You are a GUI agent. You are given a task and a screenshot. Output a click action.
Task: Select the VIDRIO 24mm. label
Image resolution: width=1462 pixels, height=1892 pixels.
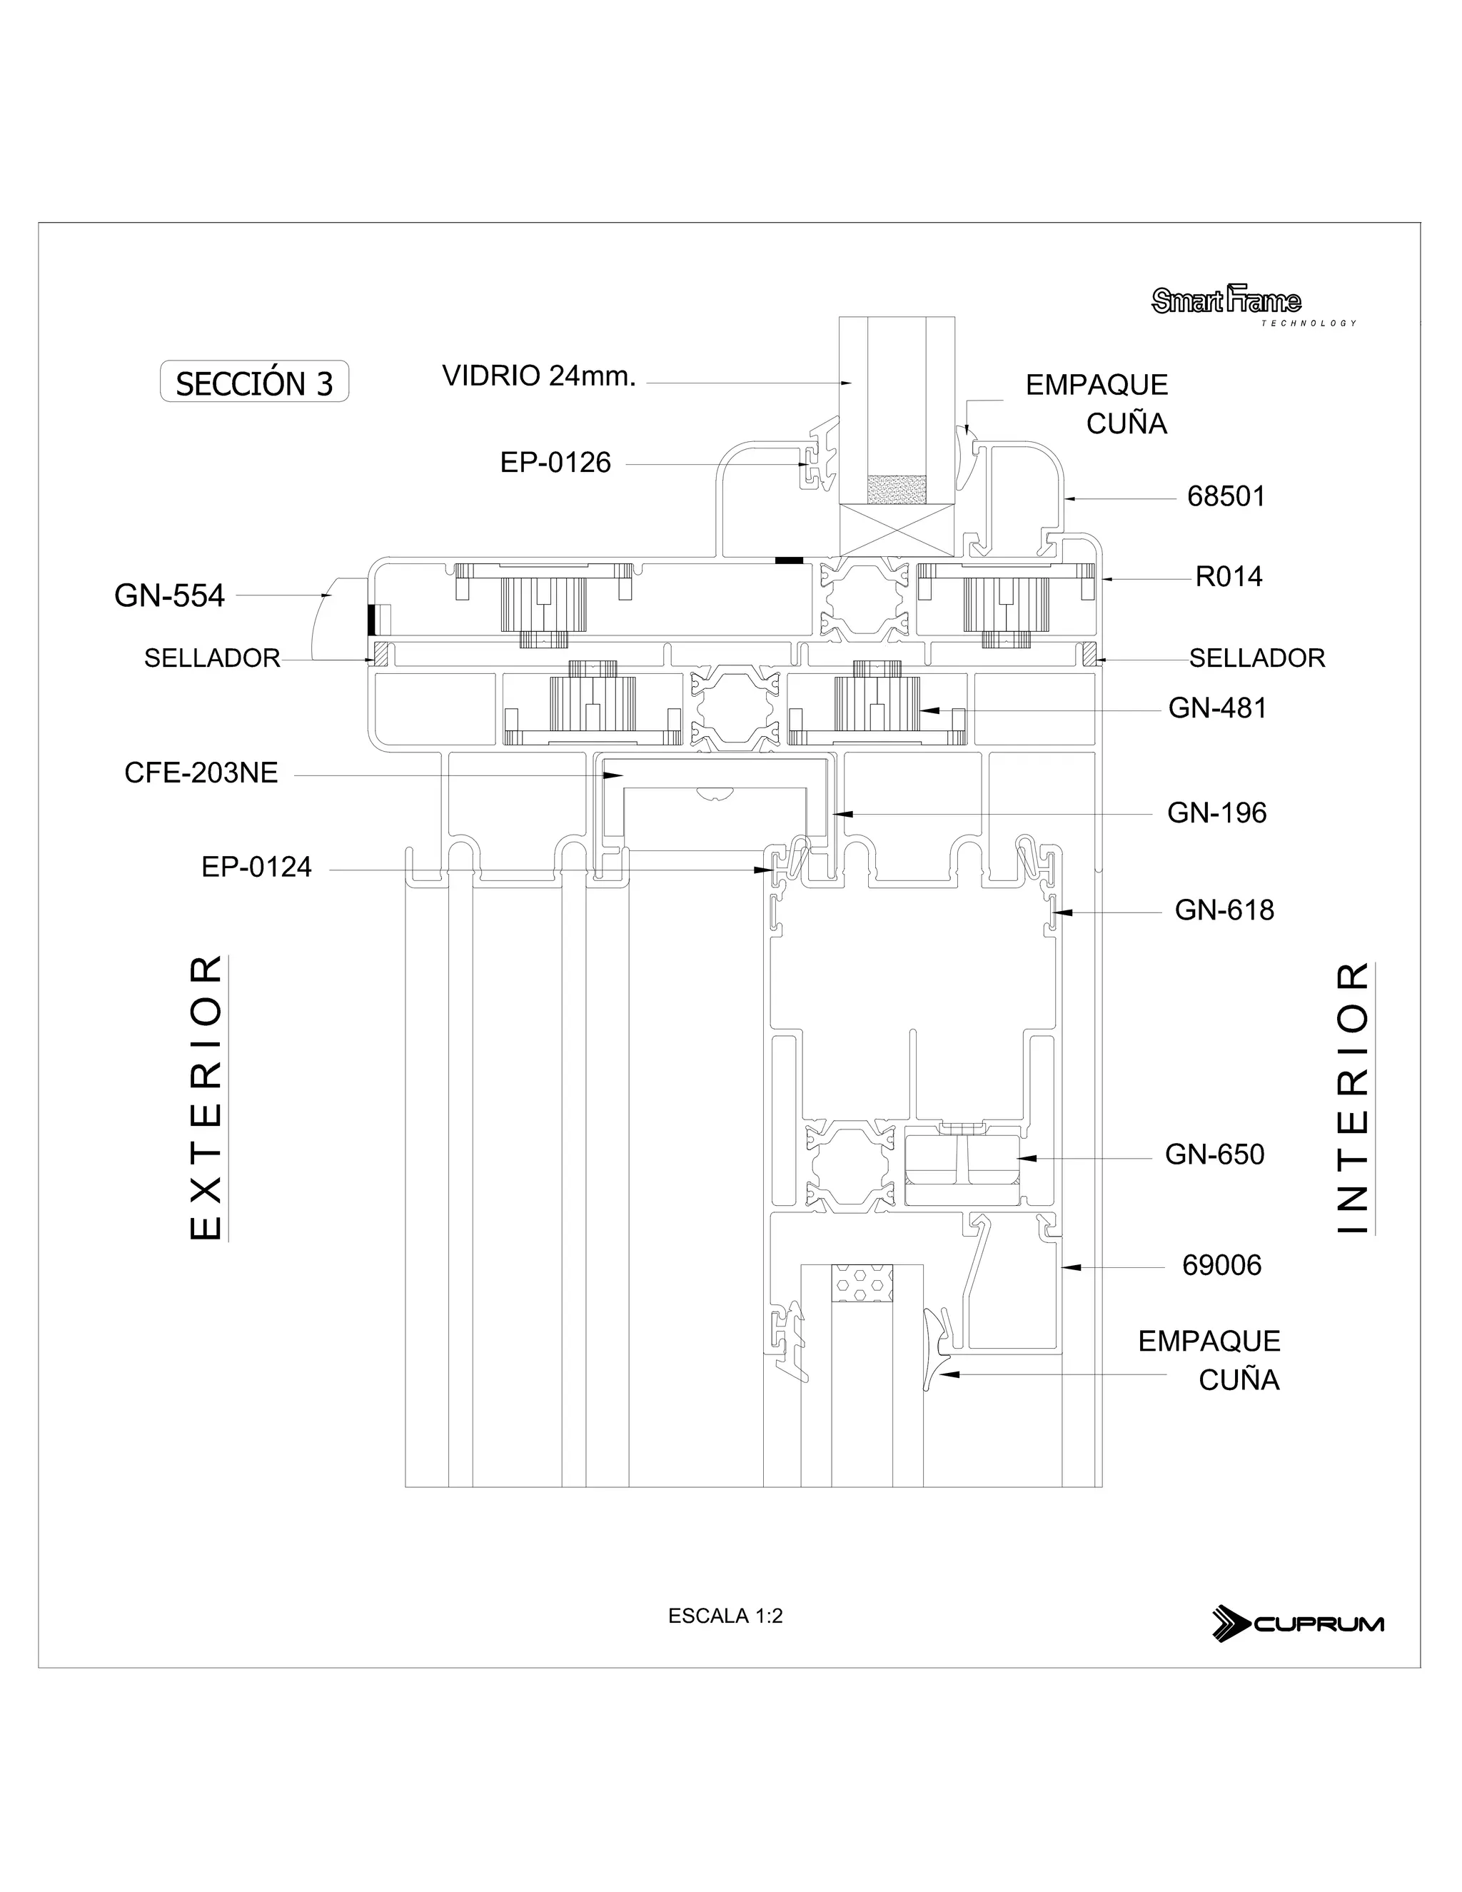539,376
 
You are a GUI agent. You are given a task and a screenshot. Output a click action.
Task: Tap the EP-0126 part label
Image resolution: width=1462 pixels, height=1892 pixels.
555,463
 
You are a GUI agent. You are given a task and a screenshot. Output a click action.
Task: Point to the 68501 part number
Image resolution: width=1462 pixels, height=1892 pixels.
1226,496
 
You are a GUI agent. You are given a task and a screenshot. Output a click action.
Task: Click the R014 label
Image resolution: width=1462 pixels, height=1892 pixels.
1228,576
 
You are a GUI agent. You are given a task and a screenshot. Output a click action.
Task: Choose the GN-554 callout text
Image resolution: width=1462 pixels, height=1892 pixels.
169,596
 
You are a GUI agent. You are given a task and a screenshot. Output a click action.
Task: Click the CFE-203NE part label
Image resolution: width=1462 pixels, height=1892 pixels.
201,773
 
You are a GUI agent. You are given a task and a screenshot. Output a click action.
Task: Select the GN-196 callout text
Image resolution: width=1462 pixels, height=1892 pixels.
1216,812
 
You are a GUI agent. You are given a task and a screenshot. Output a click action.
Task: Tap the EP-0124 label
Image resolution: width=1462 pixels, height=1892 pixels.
256,867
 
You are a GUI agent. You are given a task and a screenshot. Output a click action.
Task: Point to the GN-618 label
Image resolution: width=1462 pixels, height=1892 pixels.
1224,910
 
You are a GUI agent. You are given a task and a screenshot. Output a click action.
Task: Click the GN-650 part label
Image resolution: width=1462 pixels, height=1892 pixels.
1214,1154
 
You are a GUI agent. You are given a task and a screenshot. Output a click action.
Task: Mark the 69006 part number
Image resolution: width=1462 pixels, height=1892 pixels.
1221,1266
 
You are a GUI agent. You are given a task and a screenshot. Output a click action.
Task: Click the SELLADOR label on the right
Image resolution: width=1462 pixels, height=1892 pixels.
1256,658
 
